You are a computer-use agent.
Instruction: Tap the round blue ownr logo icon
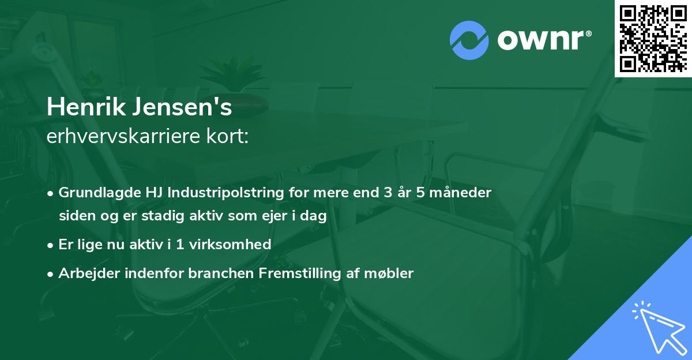point(469,40)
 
